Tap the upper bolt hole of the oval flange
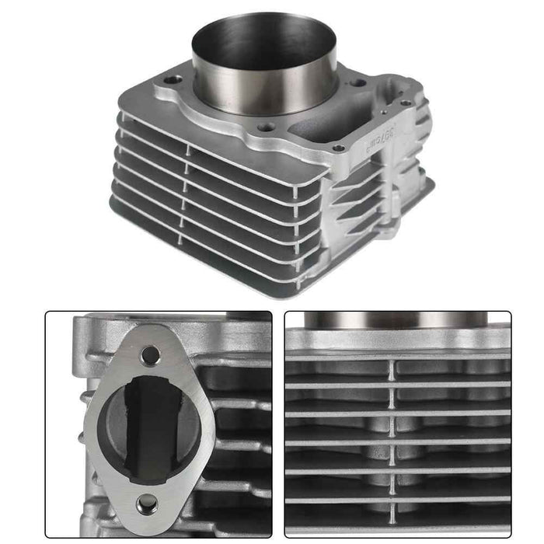pos(151,356)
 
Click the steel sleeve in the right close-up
pos(396,319)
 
